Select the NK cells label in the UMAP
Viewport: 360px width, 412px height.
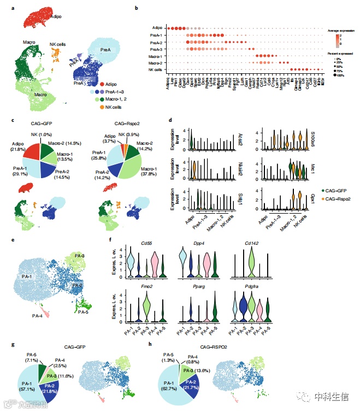(60, 44)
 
